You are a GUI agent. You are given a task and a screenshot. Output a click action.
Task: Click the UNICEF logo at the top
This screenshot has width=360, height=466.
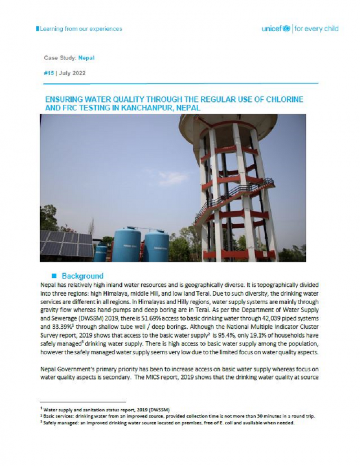click(279, 29)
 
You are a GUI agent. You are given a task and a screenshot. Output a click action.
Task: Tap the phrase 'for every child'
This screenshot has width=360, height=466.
click(317, 29)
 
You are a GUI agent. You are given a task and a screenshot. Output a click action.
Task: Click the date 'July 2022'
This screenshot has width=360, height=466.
click(74, 73)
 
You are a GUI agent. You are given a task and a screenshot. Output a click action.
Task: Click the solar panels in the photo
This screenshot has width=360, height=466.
click(60, 243)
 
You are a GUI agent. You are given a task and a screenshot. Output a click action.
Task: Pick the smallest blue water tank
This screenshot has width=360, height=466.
click(101, 253)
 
